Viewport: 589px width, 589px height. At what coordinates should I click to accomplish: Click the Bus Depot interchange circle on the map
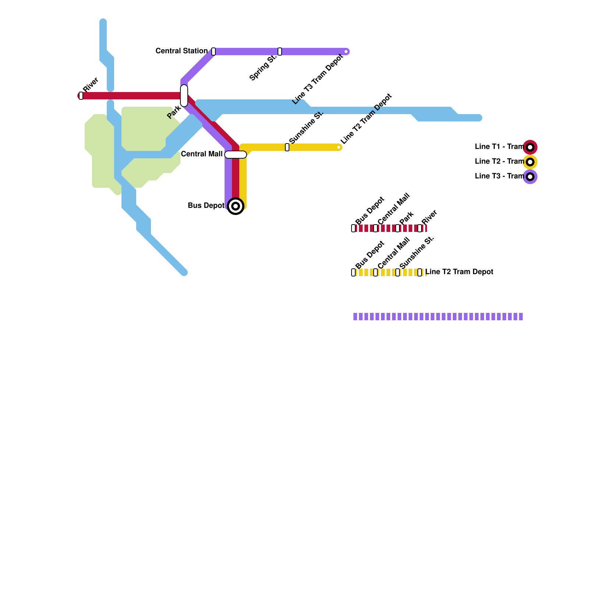coord(236,206)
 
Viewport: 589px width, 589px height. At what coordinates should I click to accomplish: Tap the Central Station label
coord(181,51)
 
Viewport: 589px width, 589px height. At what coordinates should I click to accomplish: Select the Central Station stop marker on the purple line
coord(214,52)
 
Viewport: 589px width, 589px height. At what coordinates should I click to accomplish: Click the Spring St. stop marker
coord(280,52)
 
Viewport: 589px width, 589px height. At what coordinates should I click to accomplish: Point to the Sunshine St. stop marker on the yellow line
coord(287,147)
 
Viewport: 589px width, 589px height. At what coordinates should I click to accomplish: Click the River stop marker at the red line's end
coord(81,96)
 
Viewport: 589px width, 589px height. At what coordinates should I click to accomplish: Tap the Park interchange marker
coord(184,96)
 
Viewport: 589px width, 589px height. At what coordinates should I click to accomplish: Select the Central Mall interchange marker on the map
coord(236,155)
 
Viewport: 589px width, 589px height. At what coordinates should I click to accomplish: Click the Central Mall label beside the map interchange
coord(202,154)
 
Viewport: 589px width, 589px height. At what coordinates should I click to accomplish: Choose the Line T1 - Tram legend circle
coord(530,147)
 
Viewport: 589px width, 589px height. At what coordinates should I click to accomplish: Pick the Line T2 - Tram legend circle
coord(530,162)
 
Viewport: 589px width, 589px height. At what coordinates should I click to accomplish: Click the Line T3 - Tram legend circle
coord(530,177)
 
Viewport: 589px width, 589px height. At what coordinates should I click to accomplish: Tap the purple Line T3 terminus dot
coord(346,52)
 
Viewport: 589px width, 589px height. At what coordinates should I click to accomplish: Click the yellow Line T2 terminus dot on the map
coord(339,147)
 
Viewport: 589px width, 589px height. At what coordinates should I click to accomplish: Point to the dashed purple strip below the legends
coord(438,317)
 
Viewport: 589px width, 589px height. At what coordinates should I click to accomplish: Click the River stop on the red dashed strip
coord(420,228)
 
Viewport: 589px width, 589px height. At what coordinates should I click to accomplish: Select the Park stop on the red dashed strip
coord(398,228)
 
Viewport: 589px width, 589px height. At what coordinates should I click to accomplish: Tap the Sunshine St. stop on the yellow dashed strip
coord(398,272)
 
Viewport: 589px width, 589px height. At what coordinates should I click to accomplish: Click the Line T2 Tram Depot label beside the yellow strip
coord(459,272)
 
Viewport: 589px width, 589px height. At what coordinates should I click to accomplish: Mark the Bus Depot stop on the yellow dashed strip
coord(353,272)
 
